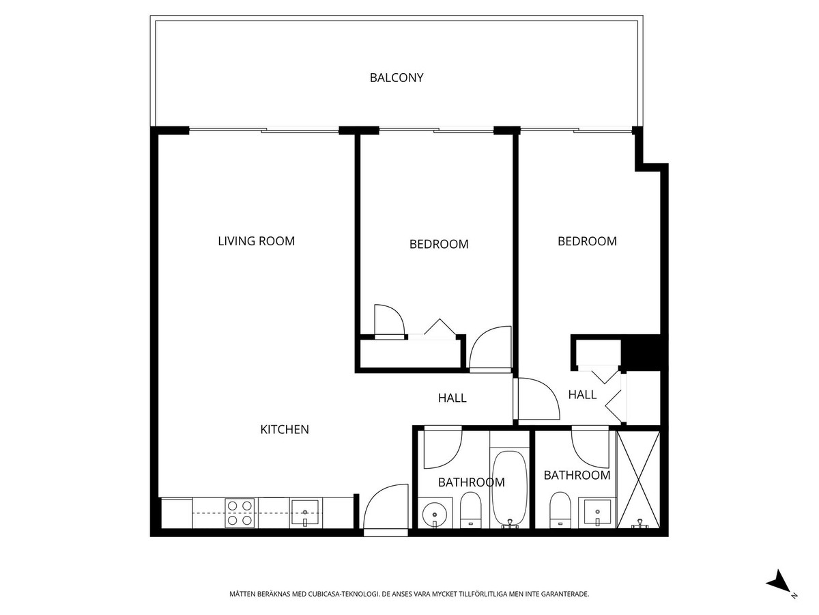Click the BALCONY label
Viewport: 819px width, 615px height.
[397, 78]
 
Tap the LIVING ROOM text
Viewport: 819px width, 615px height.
[256, 241]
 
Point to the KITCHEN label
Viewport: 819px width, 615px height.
[285, 430]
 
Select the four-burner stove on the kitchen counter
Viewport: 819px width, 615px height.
[240, 512]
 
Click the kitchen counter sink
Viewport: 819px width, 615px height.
[305, 512]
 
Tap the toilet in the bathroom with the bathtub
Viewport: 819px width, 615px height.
[470, 509]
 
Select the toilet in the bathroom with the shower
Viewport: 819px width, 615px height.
[560, 508]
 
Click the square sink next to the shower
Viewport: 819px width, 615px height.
[597, 512]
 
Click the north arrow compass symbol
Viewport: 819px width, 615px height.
[779, 584]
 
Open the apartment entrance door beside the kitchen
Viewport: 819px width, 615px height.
[386, 509]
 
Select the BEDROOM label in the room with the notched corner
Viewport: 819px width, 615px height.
[587, 241]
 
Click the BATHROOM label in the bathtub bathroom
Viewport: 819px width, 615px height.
[471, 482]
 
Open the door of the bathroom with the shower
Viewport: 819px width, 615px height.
[590, 448]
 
